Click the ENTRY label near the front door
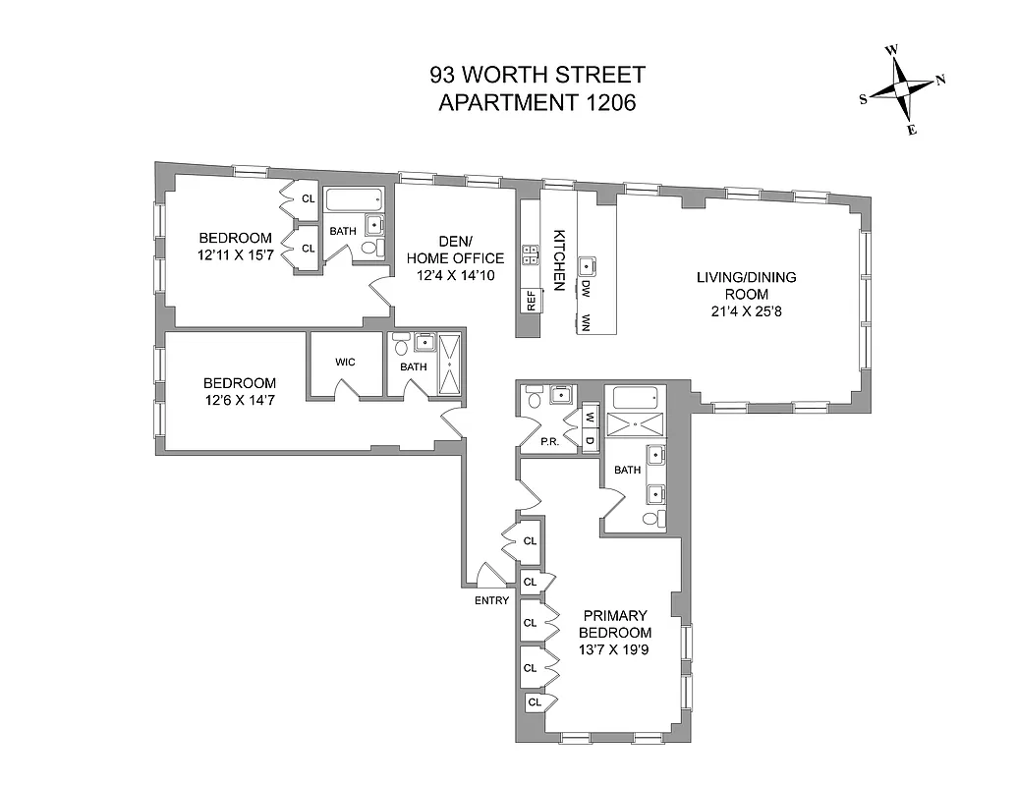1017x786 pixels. [491, 600]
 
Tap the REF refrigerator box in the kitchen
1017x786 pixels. [531, 300]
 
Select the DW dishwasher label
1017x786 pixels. [586, 290]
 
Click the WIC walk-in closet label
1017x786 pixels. [345, 362]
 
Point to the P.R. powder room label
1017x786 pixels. [549, 442]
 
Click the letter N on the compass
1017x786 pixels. [940, 81]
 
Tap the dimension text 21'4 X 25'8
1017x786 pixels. [746, 311]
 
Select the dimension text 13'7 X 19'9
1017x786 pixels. [615, 649]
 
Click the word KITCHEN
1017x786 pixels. [559, 260]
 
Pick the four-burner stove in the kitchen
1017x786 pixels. [531, 255]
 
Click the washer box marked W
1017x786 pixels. [591, 417]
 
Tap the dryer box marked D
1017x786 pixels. [591, 438]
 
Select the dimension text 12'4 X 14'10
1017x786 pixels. [455, 275]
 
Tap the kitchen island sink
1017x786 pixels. [589, 264]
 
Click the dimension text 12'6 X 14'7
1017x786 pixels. [240, 401]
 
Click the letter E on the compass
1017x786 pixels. [911, 130]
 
